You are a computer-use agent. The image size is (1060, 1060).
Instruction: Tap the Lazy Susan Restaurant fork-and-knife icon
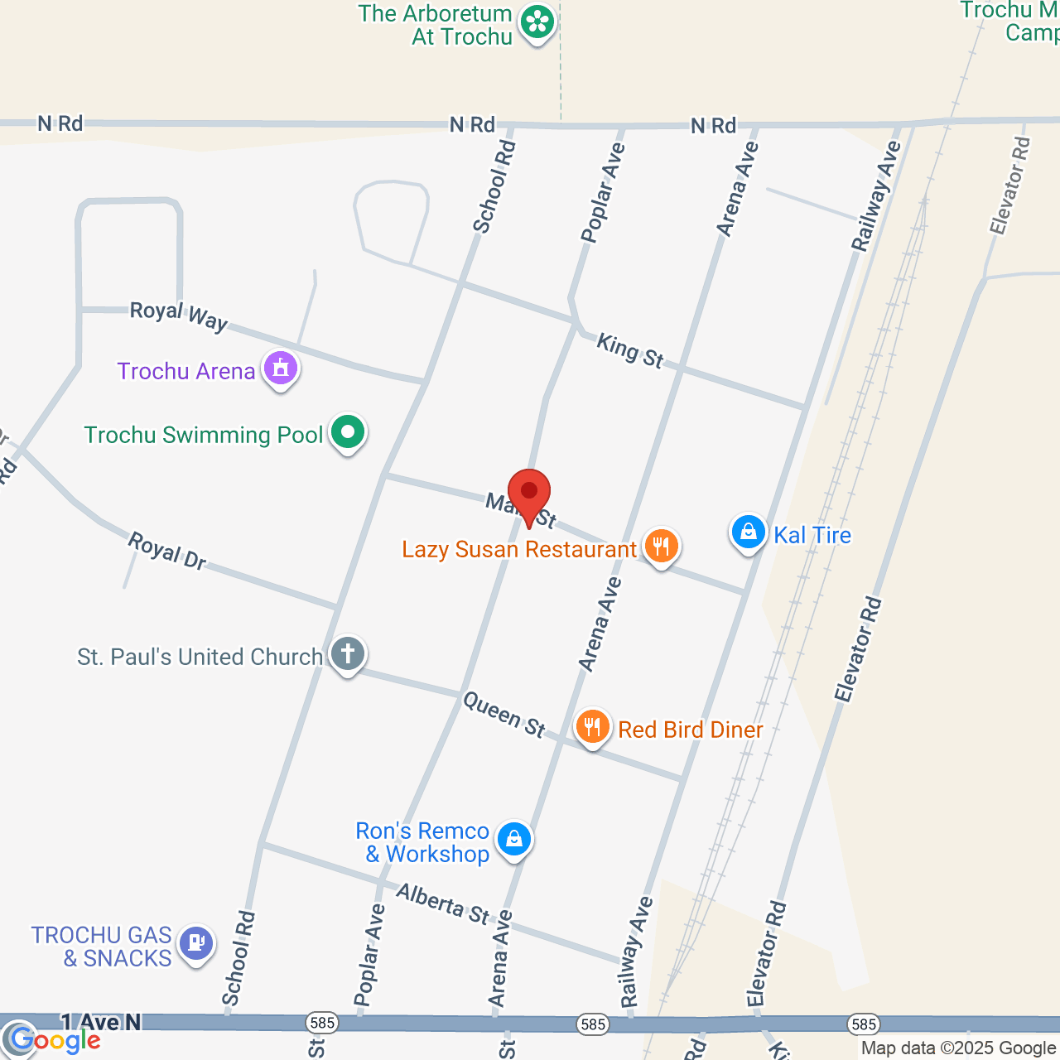(661, 546)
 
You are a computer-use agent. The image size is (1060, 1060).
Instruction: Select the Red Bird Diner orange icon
(592, 727)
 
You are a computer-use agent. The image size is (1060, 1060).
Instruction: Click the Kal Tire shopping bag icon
(748, 532)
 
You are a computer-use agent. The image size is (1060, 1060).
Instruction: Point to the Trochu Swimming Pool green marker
(348, 431)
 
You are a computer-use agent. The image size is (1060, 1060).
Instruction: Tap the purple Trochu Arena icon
(281, 367)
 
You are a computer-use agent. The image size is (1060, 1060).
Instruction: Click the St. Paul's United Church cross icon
(348, 653)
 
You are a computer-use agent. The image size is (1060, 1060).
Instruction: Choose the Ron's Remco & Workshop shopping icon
(514, 839)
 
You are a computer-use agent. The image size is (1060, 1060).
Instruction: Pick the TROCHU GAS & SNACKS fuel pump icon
(196, 943)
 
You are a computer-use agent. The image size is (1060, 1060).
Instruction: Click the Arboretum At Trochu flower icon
(537, 22)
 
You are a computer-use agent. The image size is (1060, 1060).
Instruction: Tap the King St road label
(630, 350)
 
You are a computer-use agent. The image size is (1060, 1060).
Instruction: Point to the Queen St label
(504, 714)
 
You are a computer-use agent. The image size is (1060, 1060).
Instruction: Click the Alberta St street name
(443, 903)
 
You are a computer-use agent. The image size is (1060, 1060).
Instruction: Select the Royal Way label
(179, 315)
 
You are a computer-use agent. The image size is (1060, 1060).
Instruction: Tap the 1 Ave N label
(100, 1023)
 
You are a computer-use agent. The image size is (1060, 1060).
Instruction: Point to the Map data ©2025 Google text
(958, 1048)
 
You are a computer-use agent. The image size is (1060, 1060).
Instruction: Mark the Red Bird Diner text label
(691, 730)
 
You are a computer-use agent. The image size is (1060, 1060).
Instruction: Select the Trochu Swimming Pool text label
(204, 435)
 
